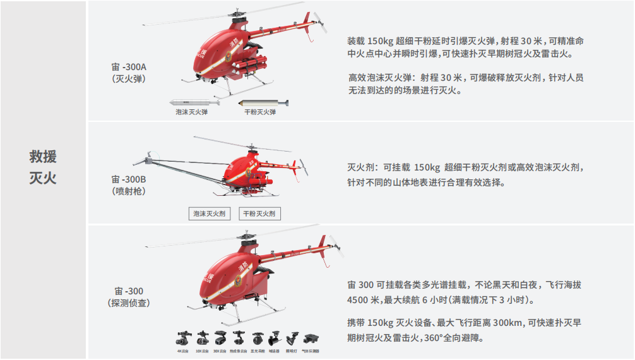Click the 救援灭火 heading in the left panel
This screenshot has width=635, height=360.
[43, 167]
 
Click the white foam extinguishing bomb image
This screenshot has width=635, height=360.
[192, 102]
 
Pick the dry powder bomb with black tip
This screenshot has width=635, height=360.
[263, 102]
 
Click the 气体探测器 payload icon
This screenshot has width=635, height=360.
[311, 339]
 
